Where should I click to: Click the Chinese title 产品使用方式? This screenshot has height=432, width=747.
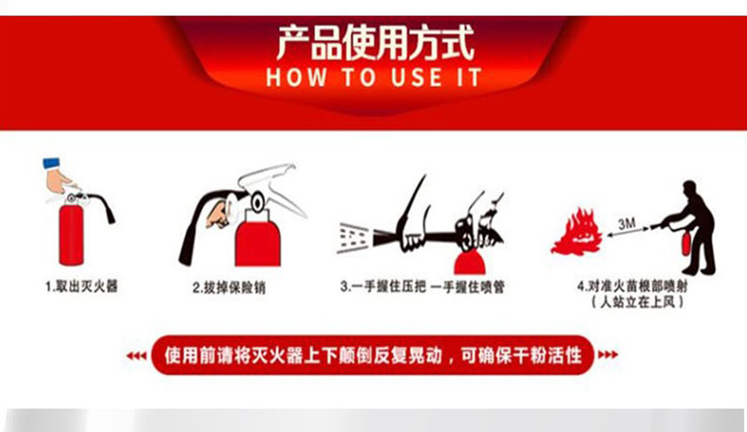pos(375,43)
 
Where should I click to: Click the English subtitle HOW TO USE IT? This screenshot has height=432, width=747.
pos(374,78)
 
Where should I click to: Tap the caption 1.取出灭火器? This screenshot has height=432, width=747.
pos(81,286)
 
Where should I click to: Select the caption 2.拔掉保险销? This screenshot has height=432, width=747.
pos(229,287)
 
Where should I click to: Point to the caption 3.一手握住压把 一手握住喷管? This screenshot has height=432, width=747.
pos(422,286)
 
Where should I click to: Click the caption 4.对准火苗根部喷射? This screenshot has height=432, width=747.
pos(633,286)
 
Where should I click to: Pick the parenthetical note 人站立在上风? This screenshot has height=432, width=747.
pos(637,302)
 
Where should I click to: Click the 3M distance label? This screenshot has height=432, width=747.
pos(627,223)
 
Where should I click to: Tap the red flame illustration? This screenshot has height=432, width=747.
pos(577,232)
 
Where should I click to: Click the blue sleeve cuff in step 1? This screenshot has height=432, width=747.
pos(52,164)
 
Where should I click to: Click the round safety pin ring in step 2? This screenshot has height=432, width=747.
pos(258,201)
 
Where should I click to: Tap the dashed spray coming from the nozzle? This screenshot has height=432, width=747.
pos(353,236)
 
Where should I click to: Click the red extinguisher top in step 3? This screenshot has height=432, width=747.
pos(470,264)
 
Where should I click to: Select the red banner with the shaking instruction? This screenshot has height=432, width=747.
pos(373,355)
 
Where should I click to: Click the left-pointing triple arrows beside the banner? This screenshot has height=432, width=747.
pos(136,355)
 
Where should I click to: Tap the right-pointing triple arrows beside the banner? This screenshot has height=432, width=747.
pos(608,354)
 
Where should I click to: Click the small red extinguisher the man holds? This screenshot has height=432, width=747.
pos(686,243)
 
